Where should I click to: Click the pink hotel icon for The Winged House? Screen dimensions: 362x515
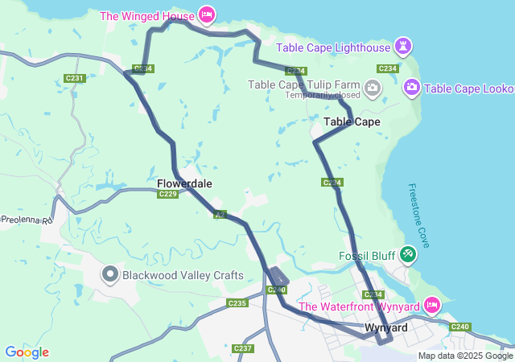click(207, 14)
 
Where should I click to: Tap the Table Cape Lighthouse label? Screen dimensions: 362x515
click(333, 47)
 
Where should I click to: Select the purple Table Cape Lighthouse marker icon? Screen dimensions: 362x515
click(404, 46)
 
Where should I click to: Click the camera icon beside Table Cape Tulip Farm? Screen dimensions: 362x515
click(372, 86)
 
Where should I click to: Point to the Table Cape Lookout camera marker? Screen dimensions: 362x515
click(412, 86)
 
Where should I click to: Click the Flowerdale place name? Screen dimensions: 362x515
click(184, 183)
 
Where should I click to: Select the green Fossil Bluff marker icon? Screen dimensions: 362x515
click(409, 256)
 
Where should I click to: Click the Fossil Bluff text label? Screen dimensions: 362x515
click(366, 257)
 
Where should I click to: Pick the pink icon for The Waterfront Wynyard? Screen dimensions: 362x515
click(432, 305)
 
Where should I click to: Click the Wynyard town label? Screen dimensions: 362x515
click(386, 328)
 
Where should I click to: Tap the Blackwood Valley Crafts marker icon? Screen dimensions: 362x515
click(110, 274)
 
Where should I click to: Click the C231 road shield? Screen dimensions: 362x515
click(75, 78)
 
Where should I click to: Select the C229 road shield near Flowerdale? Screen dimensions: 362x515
click(168, 194)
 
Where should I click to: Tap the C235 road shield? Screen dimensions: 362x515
click(237, 303)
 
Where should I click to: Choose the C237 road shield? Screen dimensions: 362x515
click(242, 348)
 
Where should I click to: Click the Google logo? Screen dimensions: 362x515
click(27, 352)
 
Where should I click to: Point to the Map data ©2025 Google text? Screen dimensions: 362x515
click(464, 356)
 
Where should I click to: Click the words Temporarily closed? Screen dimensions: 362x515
click(322, 95)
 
